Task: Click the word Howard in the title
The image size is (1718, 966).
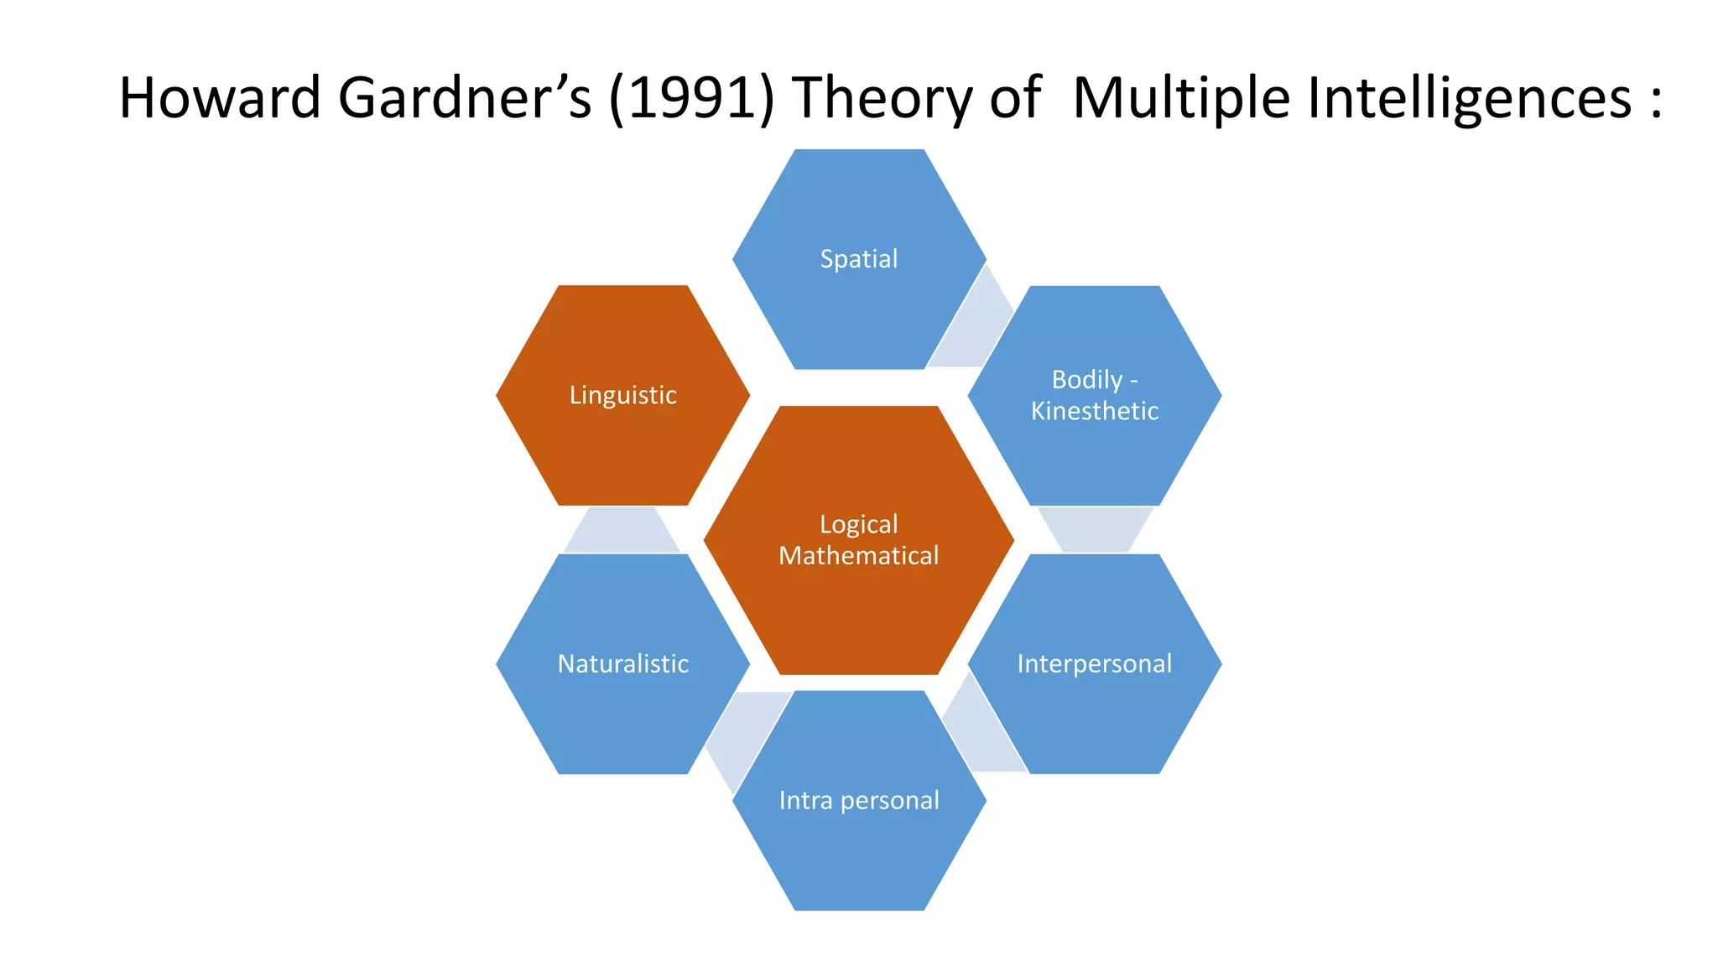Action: coord(220,97)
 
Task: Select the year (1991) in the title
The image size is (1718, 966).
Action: coord(692,97)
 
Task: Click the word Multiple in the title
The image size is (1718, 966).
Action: coord(1181,99)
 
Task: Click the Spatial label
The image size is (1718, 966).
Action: coord(858,259)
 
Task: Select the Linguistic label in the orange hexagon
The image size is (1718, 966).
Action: coord(622,395)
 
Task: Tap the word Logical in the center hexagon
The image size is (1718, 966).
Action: coord(858,524)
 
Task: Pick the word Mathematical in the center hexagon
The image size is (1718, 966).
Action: coord(858,556)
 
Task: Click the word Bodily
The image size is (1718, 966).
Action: coord(1086,380)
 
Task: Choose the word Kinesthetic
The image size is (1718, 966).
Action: coord(1094,411)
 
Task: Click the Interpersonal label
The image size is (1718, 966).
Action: coord(1094,664)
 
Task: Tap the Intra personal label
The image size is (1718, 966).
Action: coord(858,801)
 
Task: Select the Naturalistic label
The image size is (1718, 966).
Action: coord(622,664)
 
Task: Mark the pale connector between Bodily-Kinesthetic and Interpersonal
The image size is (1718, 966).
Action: coord(1095,528)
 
